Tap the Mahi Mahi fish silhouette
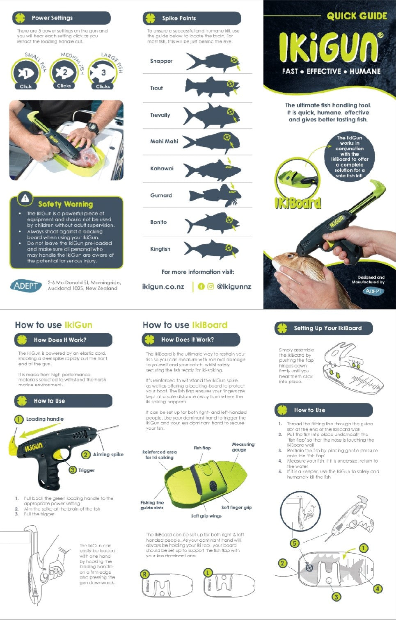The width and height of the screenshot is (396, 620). pyautogui.click(x=211, y=141)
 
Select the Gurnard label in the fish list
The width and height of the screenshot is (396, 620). pyautogui.click(x=161, y=196)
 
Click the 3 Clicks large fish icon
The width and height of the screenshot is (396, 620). pyautogui.click(x=103, y=74)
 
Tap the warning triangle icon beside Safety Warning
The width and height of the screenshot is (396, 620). pyautogui.click(x=25, y=198)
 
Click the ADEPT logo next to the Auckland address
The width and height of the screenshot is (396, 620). pyautogui.click(x=26, y=285)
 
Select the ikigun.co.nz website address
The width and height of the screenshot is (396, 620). pyautogui.click(x=163, y=287)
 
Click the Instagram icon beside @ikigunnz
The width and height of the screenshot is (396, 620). pyautogui.click(x=211, y=287)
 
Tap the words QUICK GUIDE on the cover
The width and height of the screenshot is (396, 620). pyautogui.click(x=357, y=16)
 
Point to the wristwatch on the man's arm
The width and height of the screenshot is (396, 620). pyautogui.click(x=93, y=128)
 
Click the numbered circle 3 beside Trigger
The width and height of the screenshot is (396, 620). pyautogui.click(x=73, y=470)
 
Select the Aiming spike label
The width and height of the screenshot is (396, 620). pyautogui.click(x=108, y=454)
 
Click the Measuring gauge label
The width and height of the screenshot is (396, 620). pyautogui.click(x=243, y=447)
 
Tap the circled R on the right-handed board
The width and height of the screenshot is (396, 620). pyautogui.click(x=145, y=574)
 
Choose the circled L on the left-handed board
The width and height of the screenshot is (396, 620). pyautogui.click(x=208, y=572)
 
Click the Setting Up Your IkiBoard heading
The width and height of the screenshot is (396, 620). pyautogui.click(x=327, y=328)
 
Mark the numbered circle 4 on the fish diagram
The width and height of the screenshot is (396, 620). pyautogui.click(x=377, y=589)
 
